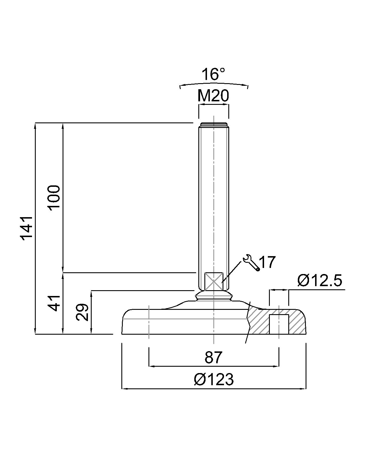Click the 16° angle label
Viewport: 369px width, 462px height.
(213, 74)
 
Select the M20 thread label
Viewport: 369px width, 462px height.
(213, 96)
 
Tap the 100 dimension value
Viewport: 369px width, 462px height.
(54, 198)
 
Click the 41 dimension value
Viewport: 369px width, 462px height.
(54, 303)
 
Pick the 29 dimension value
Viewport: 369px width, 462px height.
(82, 312)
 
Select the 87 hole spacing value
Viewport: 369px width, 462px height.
(214, 357)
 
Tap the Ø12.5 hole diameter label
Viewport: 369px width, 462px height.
(320, 281)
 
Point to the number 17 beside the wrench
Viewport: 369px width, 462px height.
(268, 262)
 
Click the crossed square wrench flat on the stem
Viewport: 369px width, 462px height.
(213, 281)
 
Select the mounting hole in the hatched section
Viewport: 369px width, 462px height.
(279, 324)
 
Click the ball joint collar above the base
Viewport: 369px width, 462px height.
(213, 296)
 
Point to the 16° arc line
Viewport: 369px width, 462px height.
(213, 84)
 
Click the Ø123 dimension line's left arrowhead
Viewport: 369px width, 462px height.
(124, 389)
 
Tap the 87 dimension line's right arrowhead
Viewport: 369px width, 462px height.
(277, 366)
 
